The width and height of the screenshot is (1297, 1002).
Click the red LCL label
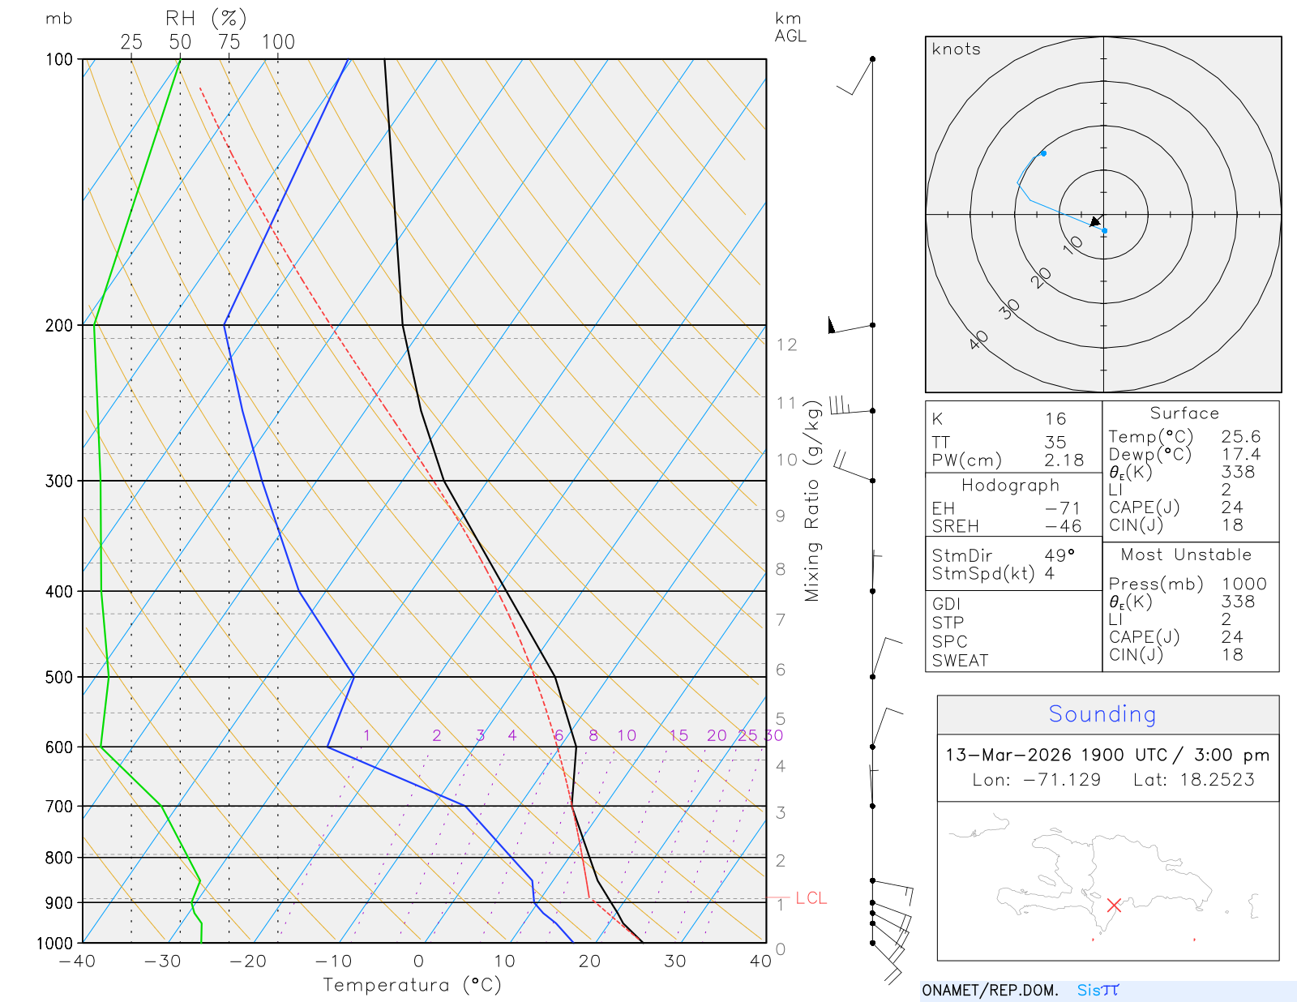coord(811,898)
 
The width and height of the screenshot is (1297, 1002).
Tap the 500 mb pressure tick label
coord(59,677)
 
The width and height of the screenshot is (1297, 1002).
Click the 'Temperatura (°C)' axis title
coord(412,985)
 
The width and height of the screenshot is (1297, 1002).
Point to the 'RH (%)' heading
coord(205,19)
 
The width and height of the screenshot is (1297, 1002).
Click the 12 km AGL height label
coord(786,345)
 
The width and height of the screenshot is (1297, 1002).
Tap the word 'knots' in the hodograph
coord(956,49)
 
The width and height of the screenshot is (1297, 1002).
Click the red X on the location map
coord(1114,905)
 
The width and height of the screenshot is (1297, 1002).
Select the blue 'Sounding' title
coord(1102,714)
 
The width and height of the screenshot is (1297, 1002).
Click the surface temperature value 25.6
coord(1240,437)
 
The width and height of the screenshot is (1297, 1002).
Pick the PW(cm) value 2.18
coord(1064,460)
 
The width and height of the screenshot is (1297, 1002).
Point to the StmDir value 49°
coord(1059,555)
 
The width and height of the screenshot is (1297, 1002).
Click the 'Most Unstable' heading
coord(1185,555)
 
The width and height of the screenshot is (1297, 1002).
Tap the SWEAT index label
coord(960,661)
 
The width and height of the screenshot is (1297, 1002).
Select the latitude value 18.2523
coord(1217,780)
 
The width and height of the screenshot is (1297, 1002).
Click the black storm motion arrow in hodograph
coord(1096,221)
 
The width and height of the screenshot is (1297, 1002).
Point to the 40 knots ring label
coord(978,340)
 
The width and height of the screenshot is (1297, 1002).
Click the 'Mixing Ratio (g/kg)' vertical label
coord(812,502)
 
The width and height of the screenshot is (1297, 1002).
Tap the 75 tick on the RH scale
coord(229,42)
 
